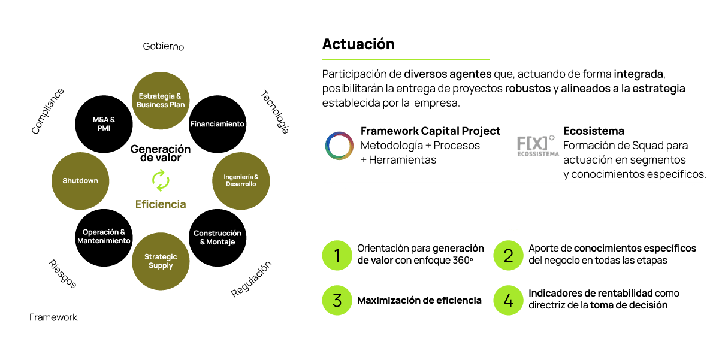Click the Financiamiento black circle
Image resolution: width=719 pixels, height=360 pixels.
click(217, 124)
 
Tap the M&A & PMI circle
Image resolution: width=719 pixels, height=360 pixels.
click(104, 124)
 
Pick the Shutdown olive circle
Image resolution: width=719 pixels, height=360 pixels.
click(80, 181)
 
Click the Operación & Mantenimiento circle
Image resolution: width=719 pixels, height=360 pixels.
click(104, 237)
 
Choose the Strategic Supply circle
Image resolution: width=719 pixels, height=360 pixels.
click(161, 261)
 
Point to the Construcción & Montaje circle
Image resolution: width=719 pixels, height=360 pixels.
click(217, 237)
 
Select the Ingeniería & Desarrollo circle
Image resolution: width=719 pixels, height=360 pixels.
click(240, 181)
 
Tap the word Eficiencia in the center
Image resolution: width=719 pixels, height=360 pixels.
click(161, 204)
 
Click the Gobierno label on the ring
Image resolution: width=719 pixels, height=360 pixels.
click(163, 47)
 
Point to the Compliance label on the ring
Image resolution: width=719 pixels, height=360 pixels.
click(47, 110)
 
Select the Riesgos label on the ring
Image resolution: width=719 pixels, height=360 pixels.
click(62, 273)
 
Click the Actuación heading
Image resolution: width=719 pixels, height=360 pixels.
click(358, 44)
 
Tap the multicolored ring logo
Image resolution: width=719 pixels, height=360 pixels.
click(339, 146)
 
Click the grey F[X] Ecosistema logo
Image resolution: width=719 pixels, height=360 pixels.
click(537, 146)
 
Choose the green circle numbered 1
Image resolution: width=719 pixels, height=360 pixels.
click(337, 256)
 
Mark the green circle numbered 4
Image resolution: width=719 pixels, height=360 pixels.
click(508, 300)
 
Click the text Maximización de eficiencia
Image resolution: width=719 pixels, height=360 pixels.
click(419, 301)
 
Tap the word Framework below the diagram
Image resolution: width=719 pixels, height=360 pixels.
click(53, 317)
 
